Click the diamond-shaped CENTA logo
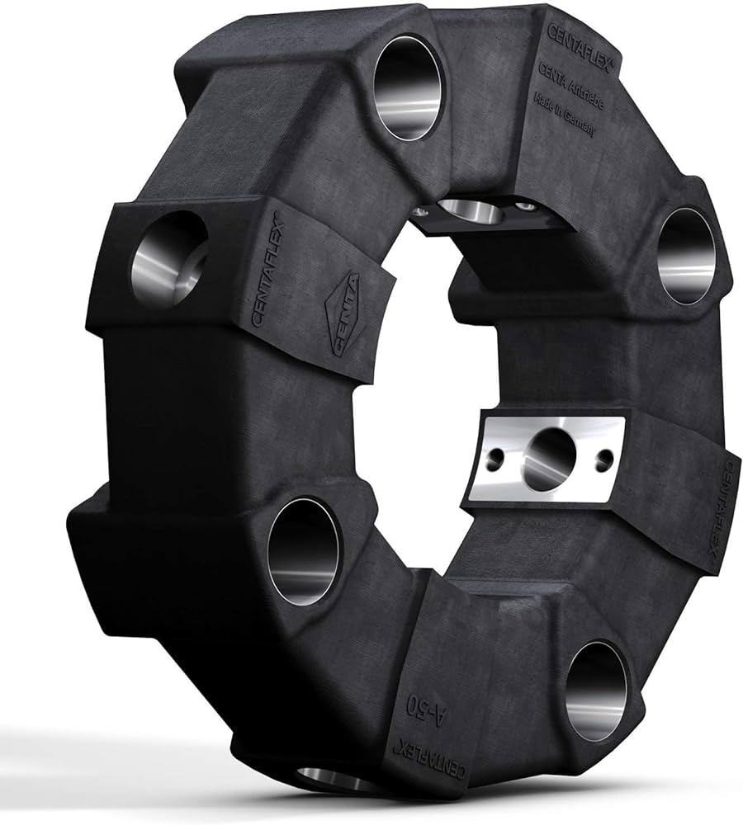point(345,314)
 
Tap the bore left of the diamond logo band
point(168,258)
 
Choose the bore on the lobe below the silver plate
point(596,690)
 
